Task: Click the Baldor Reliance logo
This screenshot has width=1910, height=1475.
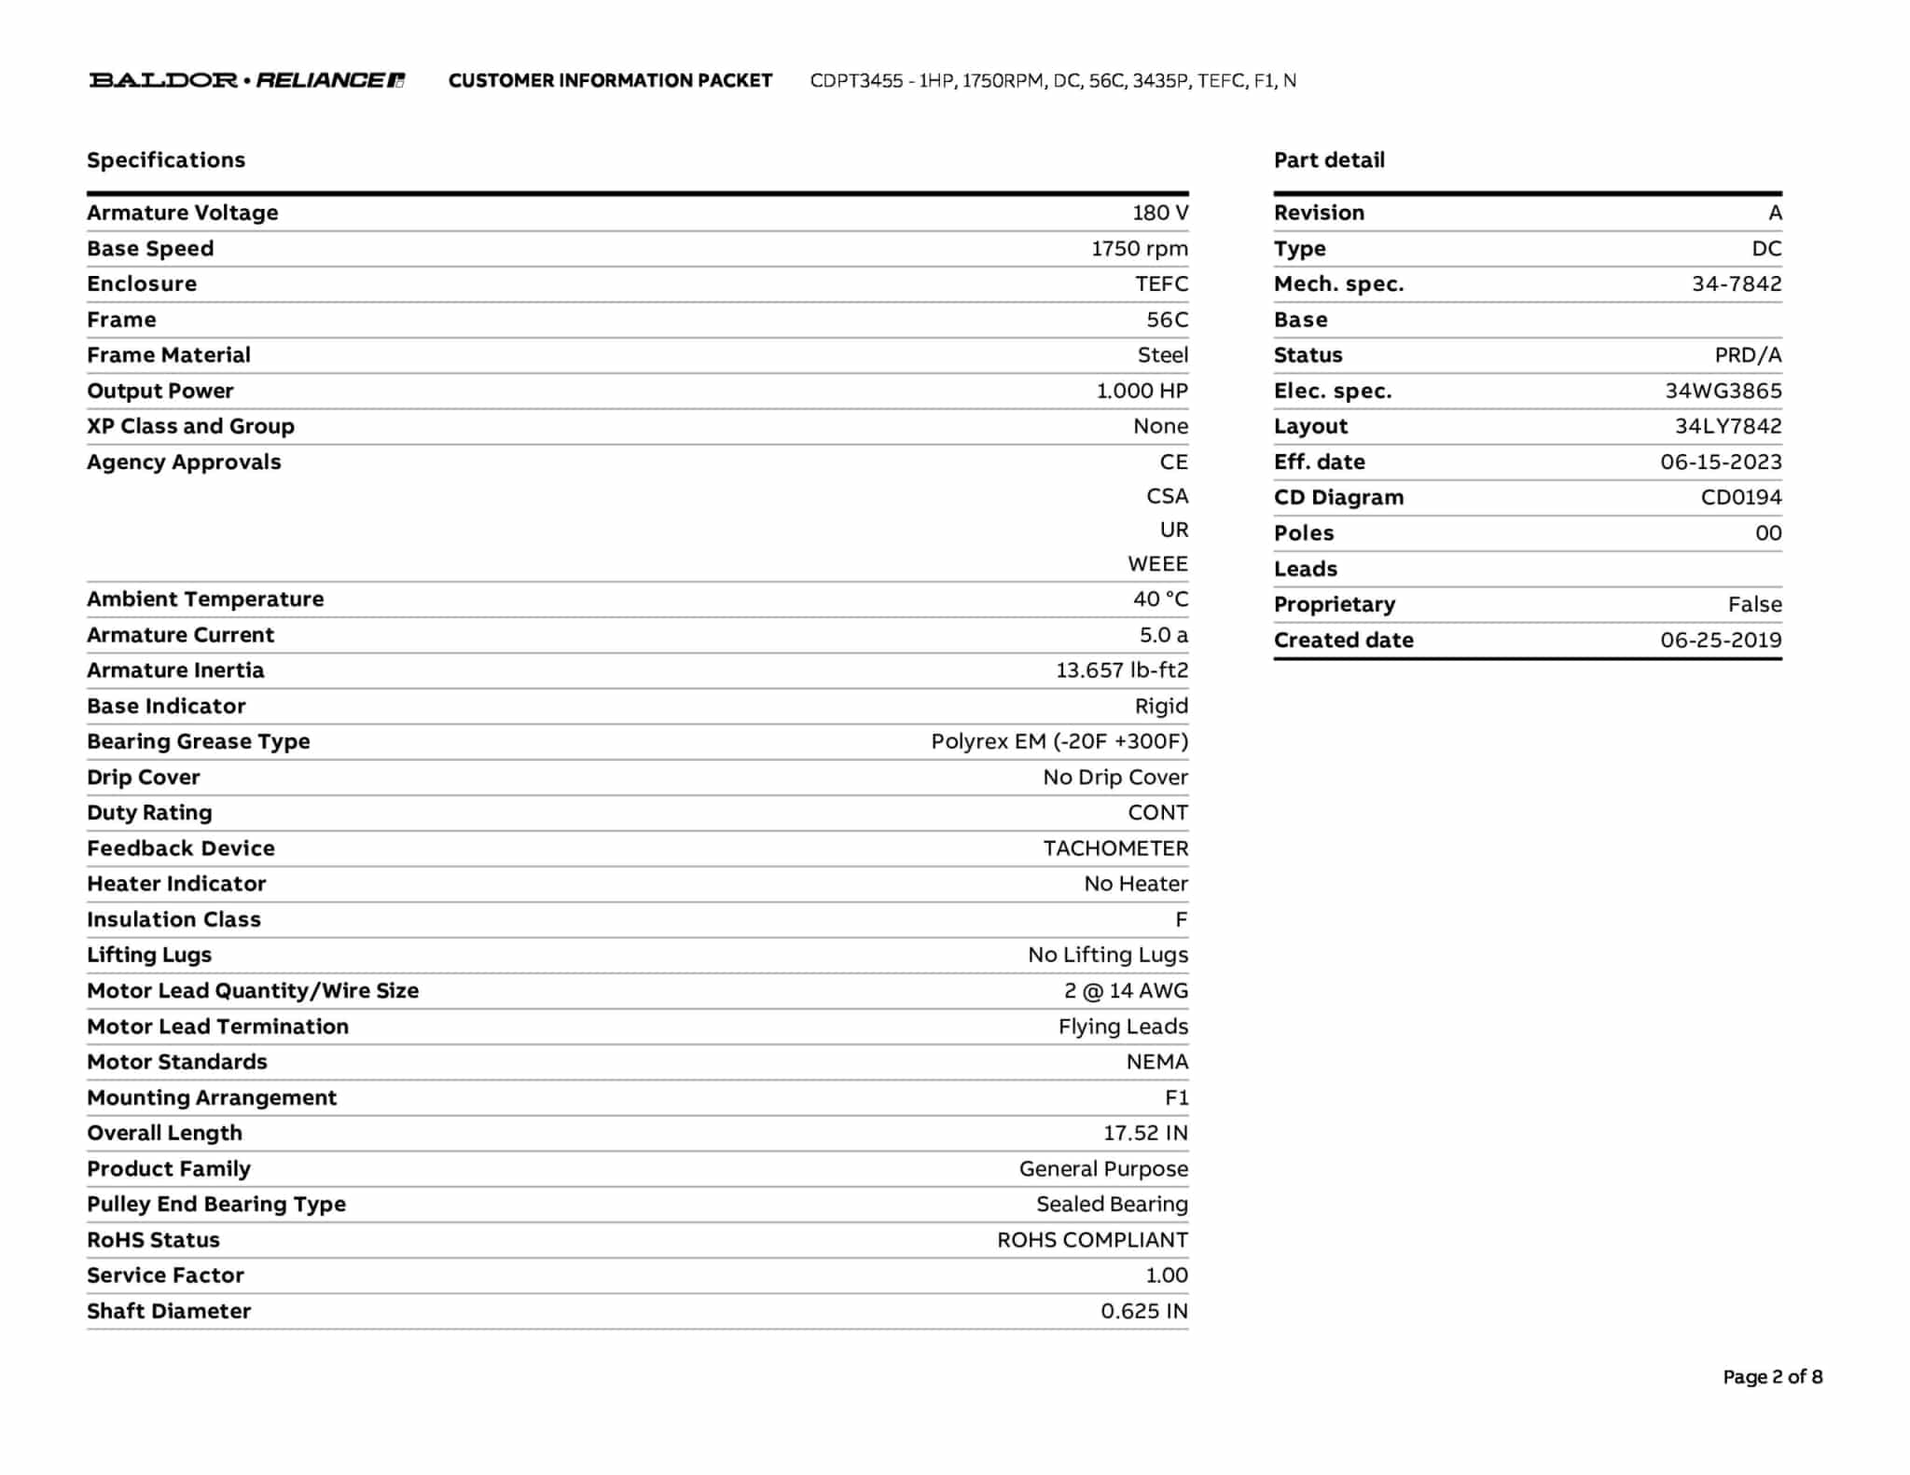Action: coord(247,80)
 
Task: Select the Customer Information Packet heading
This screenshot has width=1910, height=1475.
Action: coord(610,81)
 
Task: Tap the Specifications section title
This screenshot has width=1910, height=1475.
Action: coord(166,160)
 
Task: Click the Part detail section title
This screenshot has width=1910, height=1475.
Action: coord(1329,160)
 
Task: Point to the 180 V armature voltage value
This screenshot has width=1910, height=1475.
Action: coord(1160,213)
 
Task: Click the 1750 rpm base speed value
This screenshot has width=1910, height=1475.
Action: coord(1140,249)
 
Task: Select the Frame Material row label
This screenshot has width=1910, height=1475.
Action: coord(169,355)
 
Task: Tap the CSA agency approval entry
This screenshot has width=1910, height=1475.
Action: coord(1167,496)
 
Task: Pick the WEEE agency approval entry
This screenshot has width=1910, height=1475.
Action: coord(1157,564)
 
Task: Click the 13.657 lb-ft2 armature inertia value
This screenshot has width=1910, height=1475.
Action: coord(1122,670)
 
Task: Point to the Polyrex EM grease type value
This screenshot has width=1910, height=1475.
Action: coord(1059,741)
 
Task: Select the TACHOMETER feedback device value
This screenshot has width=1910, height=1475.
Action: coord(1115,848)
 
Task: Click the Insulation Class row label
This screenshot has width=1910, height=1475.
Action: coord(173,919)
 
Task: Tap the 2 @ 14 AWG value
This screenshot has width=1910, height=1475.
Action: coord(1126,990)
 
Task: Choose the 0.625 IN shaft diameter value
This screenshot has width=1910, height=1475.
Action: coord(1144,1311)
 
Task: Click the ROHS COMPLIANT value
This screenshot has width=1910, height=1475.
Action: coord(1092,1240)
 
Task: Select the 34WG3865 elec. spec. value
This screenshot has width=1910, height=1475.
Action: coord(1723,391)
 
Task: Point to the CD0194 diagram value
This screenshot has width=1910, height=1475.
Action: coord(1741,497)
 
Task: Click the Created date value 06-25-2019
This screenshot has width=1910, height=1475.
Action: coord(1721,640)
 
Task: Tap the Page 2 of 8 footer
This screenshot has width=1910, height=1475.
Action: coord(1772,1376)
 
